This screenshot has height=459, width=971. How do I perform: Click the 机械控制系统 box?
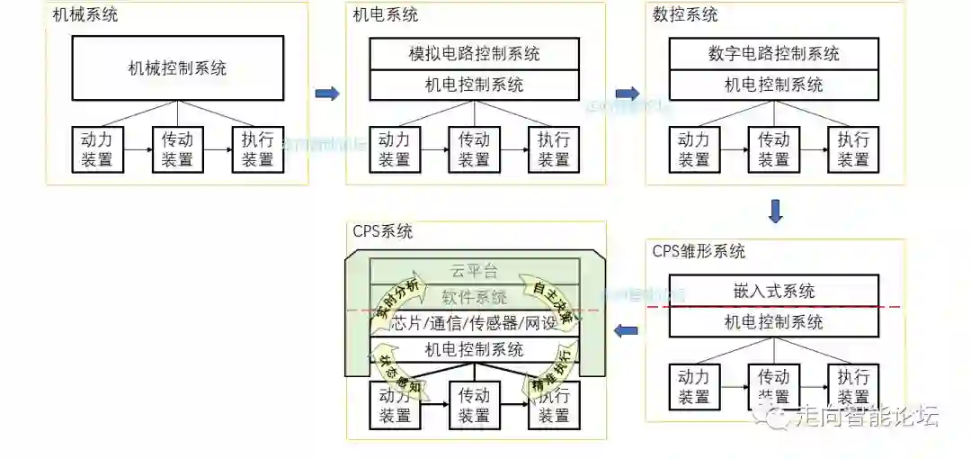click(177, 68)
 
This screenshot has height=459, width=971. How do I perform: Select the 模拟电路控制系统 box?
click(474, 53)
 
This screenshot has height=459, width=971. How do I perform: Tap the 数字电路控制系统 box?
click(773, 53)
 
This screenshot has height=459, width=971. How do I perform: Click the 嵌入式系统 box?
click(773, 291)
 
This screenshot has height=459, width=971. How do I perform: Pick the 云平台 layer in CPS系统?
click(474, 271)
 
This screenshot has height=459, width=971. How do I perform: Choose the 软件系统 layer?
click(474, 297)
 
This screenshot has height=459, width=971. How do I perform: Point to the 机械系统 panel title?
click(85, 15)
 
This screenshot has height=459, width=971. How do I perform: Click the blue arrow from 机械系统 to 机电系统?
click(327, 94)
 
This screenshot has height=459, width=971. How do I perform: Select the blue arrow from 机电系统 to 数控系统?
click(627, 94)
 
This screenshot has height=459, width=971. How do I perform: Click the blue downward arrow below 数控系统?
click(775, 212)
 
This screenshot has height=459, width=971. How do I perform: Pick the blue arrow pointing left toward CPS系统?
click(626, 331)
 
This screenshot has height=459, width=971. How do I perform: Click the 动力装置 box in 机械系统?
click(96, 149)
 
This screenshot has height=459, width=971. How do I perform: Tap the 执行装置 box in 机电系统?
click(553, 149)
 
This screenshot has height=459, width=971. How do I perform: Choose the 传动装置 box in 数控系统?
click(773, 149)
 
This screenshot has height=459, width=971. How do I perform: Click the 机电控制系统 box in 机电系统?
click(474, 85)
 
